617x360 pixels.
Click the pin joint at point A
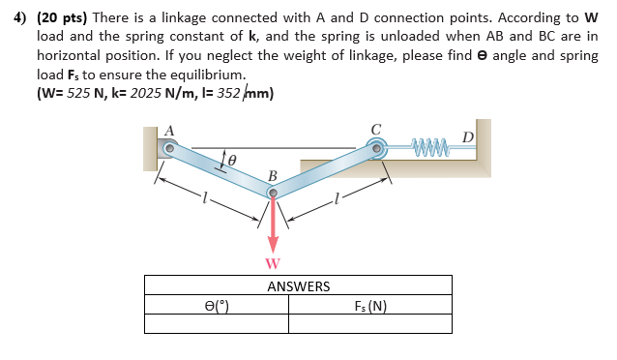(x=168, y=148)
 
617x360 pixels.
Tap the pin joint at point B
(x=273, y=194)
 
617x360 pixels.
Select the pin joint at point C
(x=376, y=148)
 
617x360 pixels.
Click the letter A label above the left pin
(x=170, y=130)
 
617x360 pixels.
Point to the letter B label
(x=273, y=176)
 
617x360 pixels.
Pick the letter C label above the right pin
(x=376, y=129)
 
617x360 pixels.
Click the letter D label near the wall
(x=468, y=136)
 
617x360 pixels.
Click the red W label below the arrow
(x=273, y=263)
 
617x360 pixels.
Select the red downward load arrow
(x=273, y=227)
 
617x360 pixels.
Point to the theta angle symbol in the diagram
(x=232, y=155)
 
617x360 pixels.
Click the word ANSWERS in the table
(x=298, y=285)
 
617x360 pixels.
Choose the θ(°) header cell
(x=217, y=307)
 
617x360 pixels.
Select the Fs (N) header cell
(x=370, y=307)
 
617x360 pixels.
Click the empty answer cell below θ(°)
(x=217, y=325)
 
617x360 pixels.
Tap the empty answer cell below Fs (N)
(x=370, y=325)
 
